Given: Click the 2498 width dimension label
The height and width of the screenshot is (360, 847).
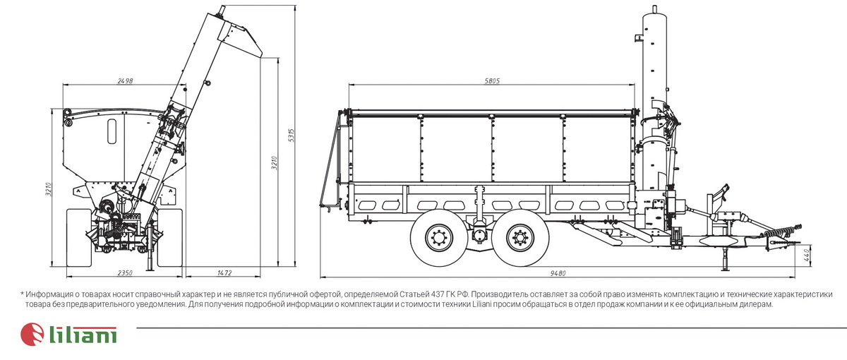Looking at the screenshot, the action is point(125,81).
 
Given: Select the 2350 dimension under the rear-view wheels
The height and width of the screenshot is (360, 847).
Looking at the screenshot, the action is point(125,273).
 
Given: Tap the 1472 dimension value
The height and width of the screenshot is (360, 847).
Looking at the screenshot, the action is point(224,273).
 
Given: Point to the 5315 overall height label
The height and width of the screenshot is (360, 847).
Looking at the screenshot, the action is point(291,136).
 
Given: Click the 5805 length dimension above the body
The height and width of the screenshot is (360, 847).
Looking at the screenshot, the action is point(492,81).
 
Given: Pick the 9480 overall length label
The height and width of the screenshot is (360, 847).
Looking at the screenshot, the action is point(558,273).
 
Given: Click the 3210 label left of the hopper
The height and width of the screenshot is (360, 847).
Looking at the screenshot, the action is point(49,188).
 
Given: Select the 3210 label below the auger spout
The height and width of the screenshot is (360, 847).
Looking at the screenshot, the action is point(275,163).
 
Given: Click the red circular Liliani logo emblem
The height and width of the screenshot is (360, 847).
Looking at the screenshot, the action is point(32,335).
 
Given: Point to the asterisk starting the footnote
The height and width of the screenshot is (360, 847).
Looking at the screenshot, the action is point(23,294).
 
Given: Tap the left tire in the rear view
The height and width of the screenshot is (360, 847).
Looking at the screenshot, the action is point(78,238).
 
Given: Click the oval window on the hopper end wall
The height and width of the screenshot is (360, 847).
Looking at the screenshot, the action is point(112,131).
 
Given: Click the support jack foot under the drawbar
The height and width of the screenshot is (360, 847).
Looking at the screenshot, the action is point(725,269).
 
